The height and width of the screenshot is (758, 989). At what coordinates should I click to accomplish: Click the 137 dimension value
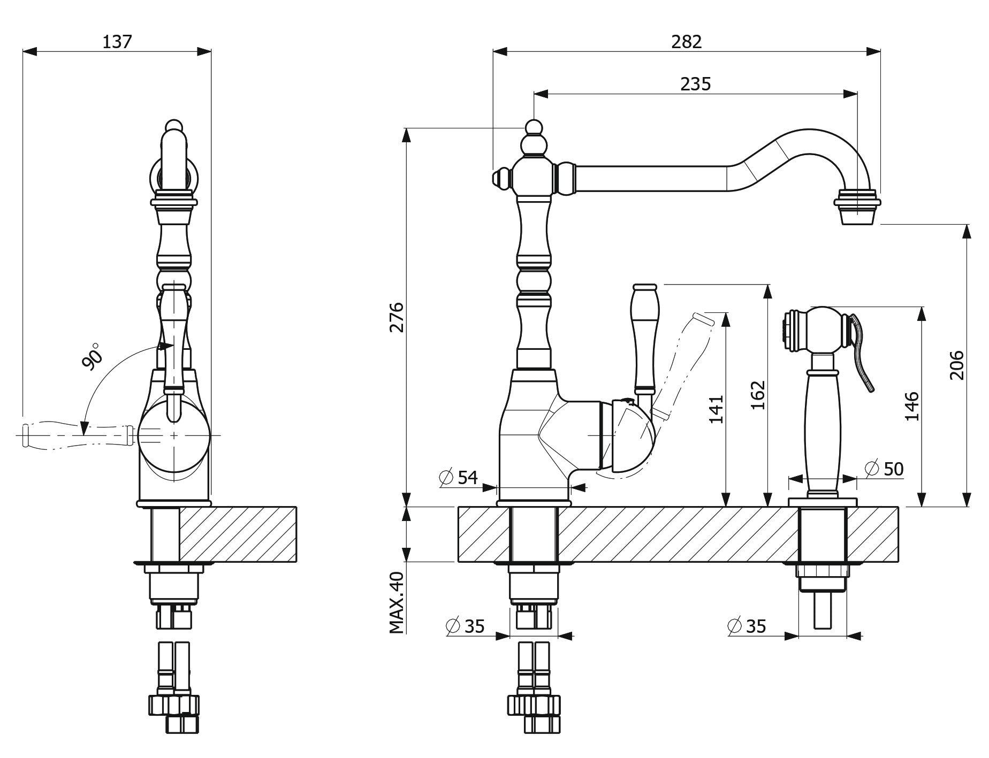pos(117,42)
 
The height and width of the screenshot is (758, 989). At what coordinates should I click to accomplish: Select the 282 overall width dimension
pos(687,42)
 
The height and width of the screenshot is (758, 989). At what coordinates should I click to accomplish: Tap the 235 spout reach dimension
pos(695,84)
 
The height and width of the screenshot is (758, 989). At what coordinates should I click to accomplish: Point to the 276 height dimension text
pos(397,317)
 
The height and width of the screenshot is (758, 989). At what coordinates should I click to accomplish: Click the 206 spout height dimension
pos(956,365)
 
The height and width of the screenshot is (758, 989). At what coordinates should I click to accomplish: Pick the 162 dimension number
pos(757,395)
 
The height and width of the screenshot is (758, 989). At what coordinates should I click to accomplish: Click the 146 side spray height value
pos(912,406)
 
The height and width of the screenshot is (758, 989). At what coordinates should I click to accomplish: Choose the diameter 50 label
pos(884,469)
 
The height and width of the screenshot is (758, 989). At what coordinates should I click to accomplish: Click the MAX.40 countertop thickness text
pos(397,603)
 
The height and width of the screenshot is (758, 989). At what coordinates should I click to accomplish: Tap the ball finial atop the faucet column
pos(532,128)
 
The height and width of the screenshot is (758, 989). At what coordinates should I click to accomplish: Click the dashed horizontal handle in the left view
pos(75,434)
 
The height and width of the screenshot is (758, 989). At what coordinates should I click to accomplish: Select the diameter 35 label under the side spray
pos(747,625)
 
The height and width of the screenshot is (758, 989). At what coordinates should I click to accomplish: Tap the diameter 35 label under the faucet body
pos(465,625)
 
